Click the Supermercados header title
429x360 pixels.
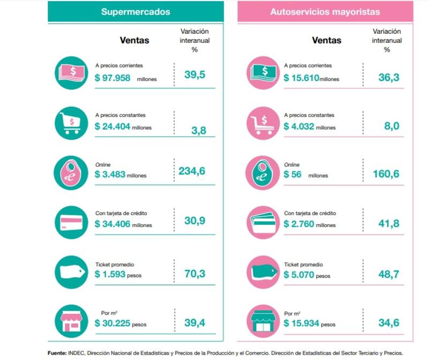[135, 11]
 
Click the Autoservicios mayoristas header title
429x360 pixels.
[326, 11]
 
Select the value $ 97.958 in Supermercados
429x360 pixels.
[113, 78]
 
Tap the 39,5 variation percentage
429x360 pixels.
[195, 75]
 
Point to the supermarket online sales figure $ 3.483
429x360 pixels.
[109, 175]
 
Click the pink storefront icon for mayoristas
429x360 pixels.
[262, 321]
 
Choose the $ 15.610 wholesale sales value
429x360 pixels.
[301, 78]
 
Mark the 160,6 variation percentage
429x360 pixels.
[386, 174]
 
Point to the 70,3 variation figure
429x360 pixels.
[195, 274]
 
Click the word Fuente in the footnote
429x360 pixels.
[57, 353]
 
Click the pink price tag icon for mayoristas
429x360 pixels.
[262, 271]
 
